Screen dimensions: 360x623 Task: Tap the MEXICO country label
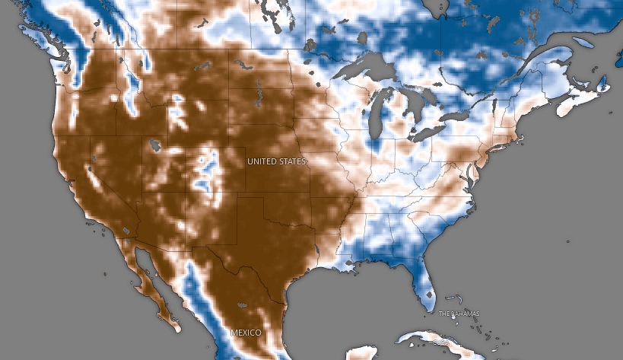pos(246,333)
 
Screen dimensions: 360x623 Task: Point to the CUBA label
pos(440,342)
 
